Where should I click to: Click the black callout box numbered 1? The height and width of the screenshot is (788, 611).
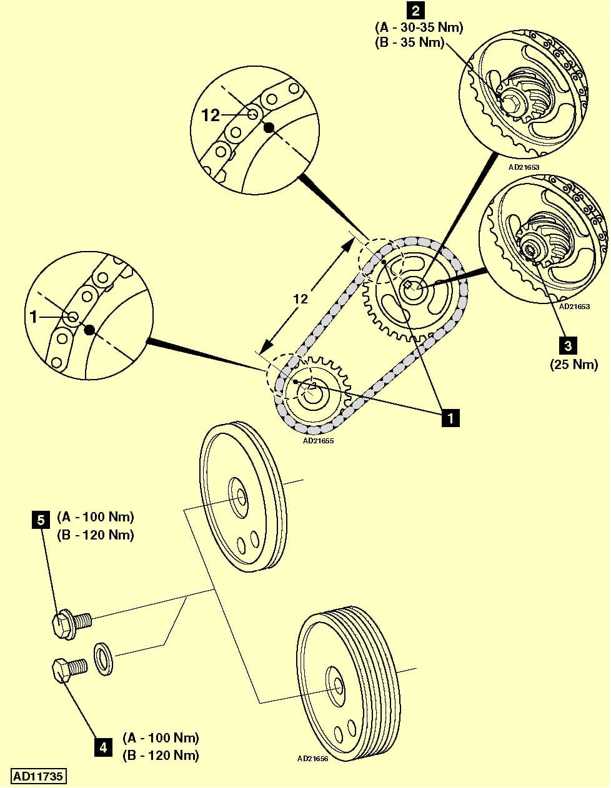click(x=450, y=416)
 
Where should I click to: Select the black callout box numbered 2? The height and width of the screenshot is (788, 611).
click(x=415, y=10)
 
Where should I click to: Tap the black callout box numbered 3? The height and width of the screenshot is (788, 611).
click(x=567, y=345)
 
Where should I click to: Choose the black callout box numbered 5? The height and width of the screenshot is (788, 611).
click(x=41, y=520)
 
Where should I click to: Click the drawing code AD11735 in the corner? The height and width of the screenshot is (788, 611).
click(x=39, y=776)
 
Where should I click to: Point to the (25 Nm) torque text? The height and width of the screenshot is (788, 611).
click(x=574, y=364)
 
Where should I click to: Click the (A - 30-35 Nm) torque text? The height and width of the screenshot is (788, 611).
click(x=419, y=28)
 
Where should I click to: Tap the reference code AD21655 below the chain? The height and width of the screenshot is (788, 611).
click(x=318, y=440)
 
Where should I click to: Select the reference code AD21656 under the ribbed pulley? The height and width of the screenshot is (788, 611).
click(x=312, y=759)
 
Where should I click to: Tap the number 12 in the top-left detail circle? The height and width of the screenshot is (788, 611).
click(x=211, y=115)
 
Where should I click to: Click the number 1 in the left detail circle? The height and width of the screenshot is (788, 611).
click(x=34, y=317)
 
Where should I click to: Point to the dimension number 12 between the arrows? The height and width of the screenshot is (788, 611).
click(x=301, y=298)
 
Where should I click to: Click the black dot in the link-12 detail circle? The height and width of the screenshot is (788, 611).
click(x=269, y=128)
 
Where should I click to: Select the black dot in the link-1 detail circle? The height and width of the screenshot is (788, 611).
click(x=90, y=330)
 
